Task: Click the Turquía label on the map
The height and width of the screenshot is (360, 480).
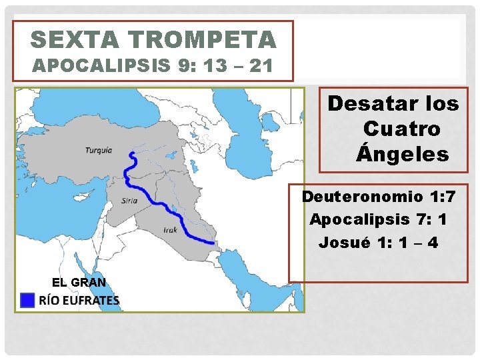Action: [x=99, y=150]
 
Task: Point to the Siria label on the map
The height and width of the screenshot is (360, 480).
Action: [x=130, y=200]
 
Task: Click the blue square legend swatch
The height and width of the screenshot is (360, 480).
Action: [x=27, y=301]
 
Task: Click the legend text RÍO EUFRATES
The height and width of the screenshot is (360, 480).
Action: [x=80, y=301]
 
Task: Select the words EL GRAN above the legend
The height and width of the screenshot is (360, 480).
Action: [x=79, y=282]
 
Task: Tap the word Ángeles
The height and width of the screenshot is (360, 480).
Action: [x=403, y=155]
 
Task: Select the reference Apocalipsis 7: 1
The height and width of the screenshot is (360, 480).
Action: [x=379, y=219]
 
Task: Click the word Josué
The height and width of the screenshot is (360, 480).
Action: [x=340, y=242]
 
